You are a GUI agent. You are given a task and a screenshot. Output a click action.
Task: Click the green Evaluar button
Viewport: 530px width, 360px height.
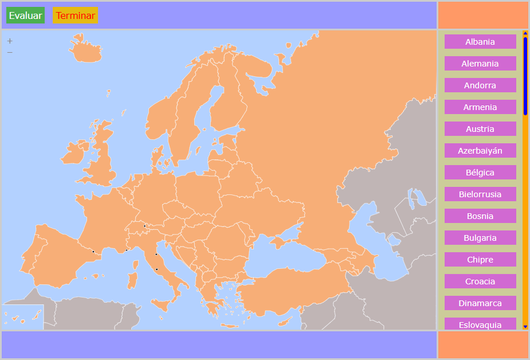[25, 15]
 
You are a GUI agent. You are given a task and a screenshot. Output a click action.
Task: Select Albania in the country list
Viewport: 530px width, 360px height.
[480, 42]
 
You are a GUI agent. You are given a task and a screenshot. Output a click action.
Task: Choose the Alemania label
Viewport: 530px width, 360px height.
[480, 64]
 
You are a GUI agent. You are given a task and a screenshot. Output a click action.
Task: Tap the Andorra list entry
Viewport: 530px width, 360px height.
[480, 85]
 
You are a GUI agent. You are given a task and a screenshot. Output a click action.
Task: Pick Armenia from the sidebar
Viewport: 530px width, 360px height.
[480, 107]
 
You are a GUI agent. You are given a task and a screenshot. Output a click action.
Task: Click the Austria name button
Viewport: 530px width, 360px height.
[480, 129]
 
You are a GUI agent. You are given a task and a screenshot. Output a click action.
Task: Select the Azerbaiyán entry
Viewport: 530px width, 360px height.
[480, 151]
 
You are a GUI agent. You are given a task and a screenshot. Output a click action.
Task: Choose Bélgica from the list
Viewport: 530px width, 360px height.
[480, 173]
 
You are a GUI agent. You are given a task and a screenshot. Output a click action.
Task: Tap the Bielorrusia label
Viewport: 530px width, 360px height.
[480, 194]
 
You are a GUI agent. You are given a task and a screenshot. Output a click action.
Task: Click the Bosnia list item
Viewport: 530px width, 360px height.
[480, 216]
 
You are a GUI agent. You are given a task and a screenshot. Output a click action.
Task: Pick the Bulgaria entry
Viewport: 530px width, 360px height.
[480, 238]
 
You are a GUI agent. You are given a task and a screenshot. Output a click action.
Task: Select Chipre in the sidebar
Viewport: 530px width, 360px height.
[480, 260]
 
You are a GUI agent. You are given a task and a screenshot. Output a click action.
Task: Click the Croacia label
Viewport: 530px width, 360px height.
[480, 281]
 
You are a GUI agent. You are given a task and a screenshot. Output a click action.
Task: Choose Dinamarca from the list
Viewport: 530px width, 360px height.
[480, 303]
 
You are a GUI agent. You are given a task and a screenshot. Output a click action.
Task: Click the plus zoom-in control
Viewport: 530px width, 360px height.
[10, 41]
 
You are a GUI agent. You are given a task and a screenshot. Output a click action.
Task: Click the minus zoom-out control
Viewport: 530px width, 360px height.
[10, 52]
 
